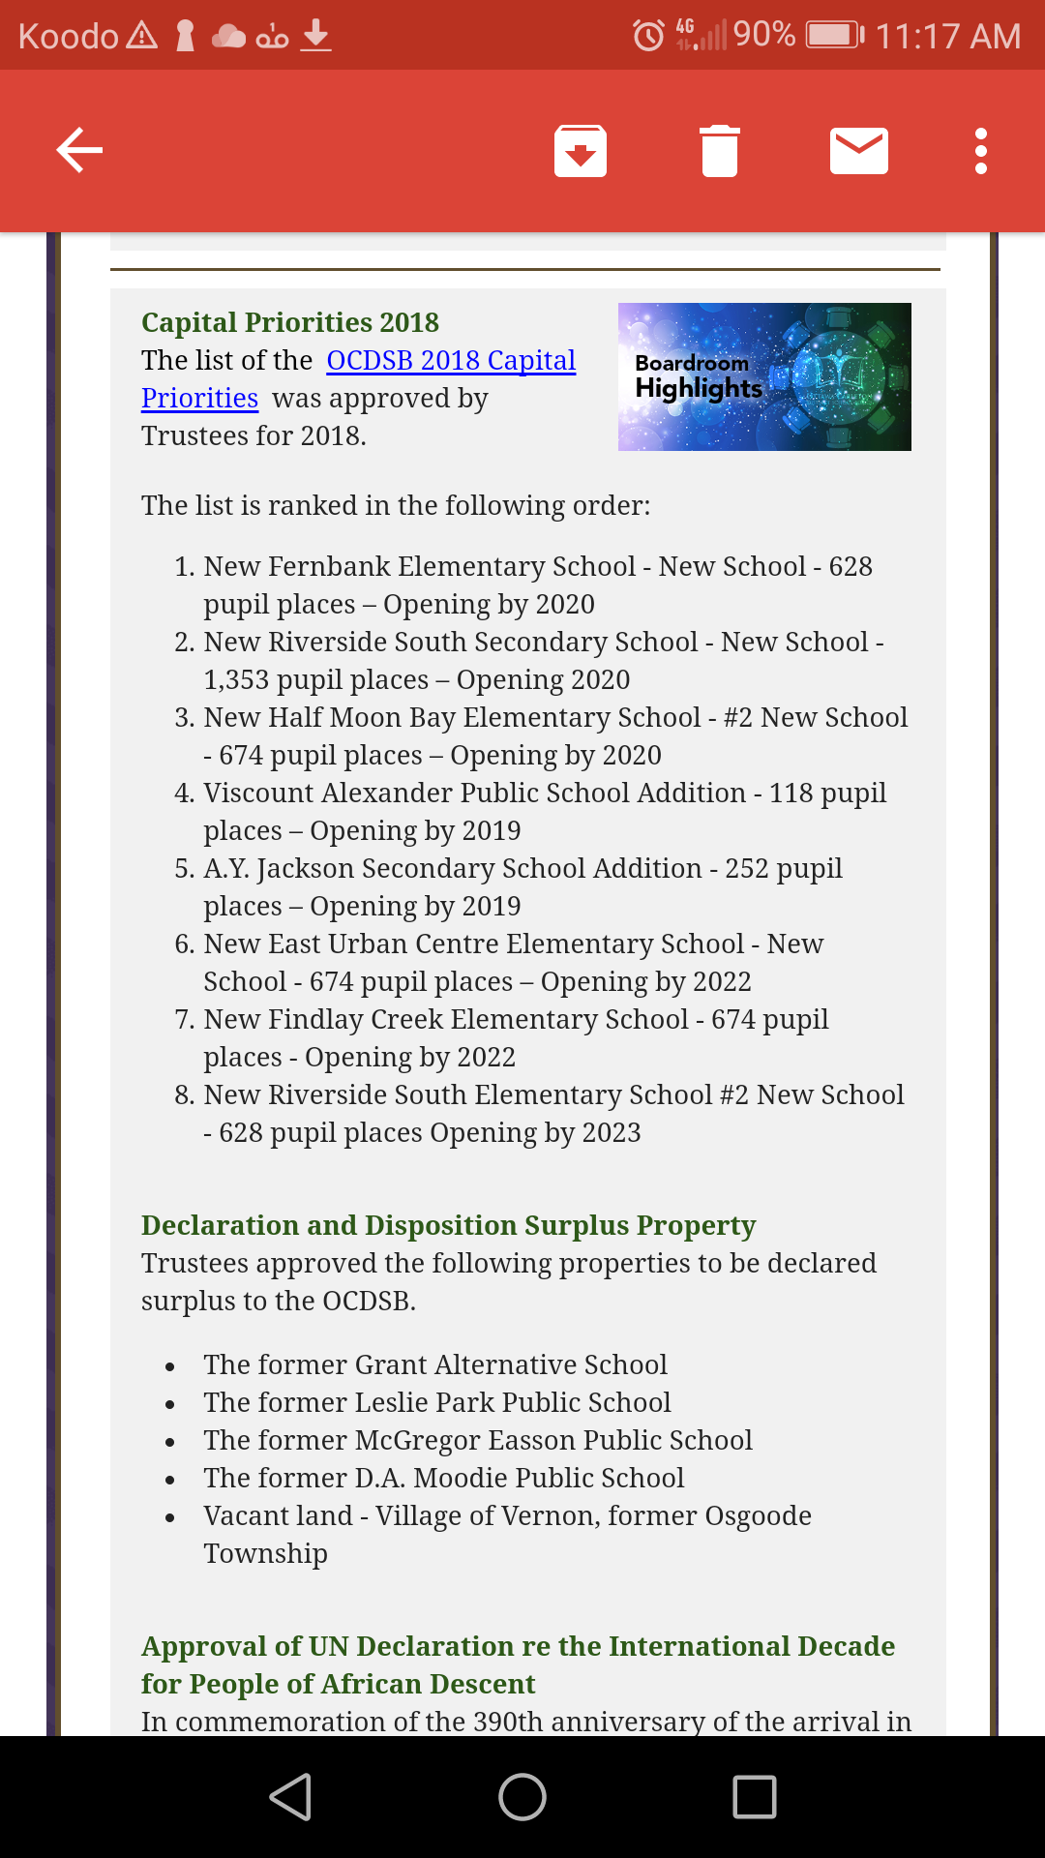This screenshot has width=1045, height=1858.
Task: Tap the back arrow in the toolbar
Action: point(79,151)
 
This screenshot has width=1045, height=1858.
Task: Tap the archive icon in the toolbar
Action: point(581,151)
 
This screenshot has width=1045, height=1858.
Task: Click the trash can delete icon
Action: point(720,151)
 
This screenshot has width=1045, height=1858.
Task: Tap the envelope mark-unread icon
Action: point(859,151)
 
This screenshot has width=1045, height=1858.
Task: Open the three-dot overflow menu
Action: point(981,151)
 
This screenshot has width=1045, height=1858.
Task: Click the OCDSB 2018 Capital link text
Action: point(451,361)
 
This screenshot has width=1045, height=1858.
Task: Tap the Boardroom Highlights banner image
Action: point(764,376)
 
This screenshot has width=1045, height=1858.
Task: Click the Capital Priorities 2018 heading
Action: point(290,322)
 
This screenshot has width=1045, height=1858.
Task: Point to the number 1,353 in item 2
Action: point(236,680)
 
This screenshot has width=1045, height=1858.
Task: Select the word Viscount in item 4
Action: point(259,794)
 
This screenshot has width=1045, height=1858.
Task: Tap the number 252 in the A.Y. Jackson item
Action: point(746,869)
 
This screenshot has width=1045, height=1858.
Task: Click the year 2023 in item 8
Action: point(611,1133)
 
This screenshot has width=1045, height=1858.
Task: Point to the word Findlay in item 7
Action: point(316,1020)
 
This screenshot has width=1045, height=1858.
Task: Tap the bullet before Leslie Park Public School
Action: point(170,1404)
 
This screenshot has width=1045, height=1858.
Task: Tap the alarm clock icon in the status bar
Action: point(648,36)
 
